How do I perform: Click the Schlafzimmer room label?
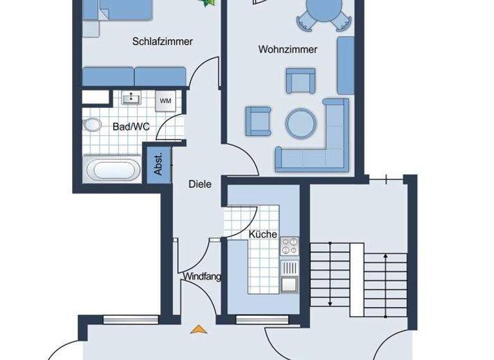(163, 42)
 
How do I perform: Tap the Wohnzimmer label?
(288, 50)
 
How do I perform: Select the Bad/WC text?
(131, 127)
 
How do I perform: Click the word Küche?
(263, 235)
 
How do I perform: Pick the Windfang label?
(202, 277)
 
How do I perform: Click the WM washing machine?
(165, 100)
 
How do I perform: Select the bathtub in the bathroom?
(113, 170)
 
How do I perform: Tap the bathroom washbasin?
(133, 98)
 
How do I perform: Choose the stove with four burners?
(289, 246)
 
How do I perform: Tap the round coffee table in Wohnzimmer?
(300, 122)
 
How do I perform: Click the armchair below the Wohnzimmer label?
(299, 82)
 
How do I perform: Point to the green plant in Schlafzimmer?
(207, 3)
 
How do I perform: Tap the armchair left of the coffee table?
(258, 120)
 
